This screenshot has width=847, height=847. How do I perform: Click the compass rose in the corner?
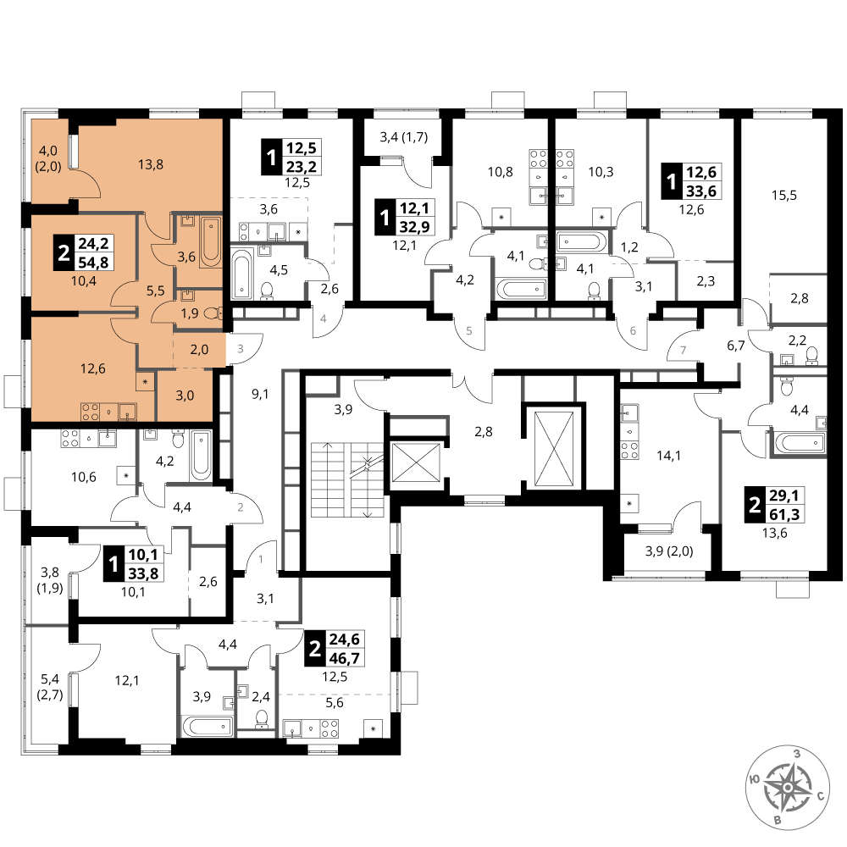[x=788, y=787]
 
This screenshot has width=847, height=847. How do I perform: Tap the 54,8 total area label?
[x=93, y=263]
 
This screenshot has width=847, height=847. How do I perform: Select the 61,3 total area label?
[x=784, y=514]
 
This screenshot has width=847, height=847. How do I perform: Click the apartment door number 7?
[x=684, y=350]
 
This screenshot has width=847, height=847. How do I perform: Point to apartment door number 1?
[x=261, y=560]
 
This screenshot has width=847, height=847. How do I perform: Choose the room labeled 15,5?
[x=784, y=195]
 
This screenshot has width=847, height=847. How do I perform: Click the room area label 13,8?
[x=151, y=164]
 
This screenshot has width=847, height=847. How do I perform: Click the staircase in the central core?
[x=346, y=479]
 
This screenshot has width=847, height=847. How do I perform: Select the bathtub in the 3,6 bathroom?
[x=211, y=242]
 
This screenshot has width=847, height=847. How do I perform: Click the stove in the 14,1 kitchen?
[x=629, y=450]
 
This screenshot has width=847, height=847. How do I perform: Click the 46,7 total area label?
[x=345, y=658]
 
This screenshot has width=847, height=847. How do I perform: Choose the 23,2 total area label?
[x=302, y=166]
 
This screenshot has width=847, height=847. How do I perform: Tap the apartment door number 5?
[x=469, y=330]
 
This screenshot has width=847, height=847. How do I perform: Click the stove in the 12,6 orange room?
[x=90, y=412]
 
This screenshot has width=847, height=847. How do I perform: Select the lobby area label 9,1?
[x=260, y=395]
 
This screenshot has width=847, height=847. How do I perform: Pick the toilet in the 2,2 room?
[x=811, y=355]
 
